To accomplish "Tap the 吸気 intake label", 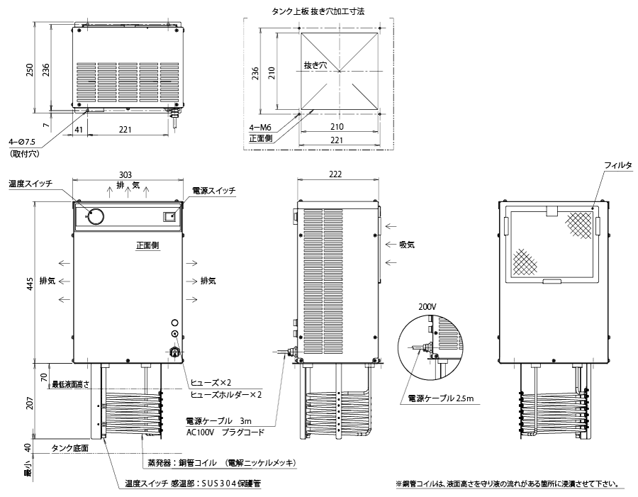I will pos(406,245).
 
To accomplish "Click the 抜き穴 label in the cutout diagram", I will pos(315,65).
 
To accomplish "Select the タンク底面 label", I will pos(70,448).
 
